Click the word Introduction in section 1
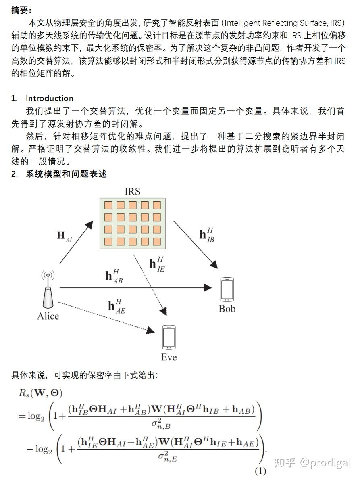click(x=49, y=98)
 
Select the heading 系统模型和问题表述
click(x=66, y=174)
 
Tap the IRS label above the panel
click(x=132, y=191)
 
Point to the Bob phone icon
click(x=227, y=289)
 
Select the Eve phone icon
click(x=169, y=337)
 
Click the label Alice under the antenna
click(x=48, y=316)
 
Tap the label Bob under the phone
click(x=227, y=309)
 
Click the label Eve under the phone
click(x=169, y=357)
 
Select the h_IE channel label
click(x=157, y=264)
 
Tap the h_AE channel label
click(x=117, y=305)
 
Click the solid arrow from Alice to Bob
click(x=133, y=287)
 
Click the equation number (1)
click(x=260, y=471)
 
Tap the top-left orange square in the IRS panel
click(x=108, y=205)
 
